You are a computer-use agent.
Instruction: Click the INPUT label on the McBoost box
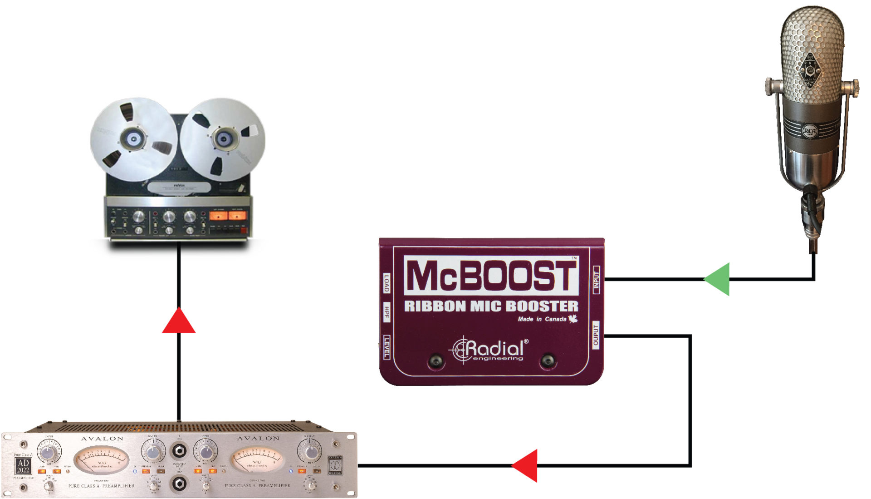pos(597,280)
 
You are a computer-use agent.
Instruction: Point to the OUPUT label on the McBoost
pos(596,335)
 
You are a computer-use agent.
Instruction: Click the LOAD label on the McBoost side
pos(387,283)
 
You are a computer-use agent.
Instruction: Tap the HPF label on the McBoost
pos(387,312)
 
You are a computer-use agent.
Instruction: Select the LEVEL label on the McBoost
pos(387,347)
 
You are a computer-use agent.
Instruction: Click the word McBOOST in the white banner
pos(491,275)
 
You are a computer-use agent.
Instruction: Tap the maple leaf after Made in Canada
pos(573,319)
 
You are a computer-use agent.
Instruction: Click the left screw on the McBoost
pos(435,361)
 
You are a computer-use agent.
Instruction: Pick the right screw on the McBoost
pos(548,361)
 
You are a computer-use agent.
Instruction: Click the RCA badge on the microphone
pos(809,132)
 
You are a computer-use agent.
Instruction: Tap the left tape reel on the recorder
pos(133,139)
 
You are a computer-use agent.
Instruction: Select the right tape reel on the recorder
pos(223,139)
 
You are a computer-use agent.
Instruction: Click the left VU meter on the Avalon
pos(101,459)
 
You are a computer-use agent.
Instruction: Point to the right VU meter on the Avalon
pos(257,459)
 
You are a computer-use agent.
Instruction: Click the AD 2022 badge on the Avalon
pos(23,466)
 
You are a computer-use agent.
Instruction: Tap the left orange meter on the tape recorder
pos(218,215)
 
